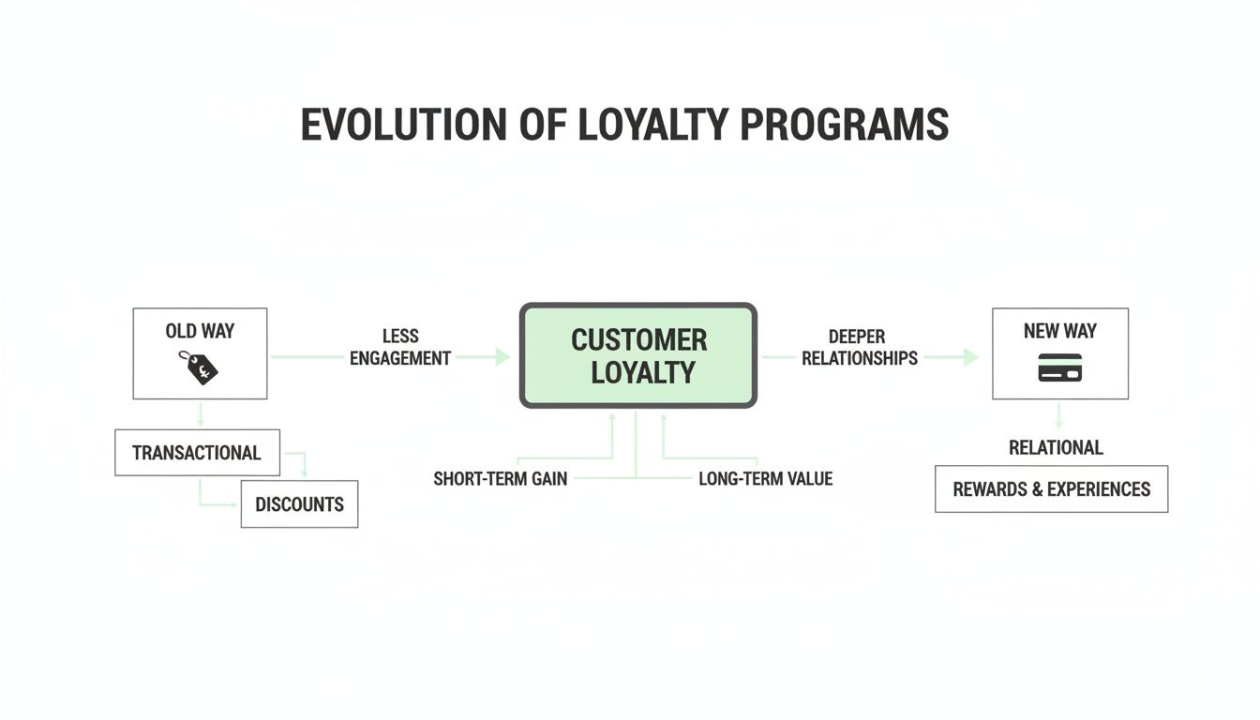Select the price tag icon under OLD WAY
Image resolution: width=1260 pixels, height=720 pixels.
click(x=199, y=367)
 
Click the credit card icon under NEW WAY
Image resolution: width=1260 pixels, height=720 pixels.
click(x=1059, y=367)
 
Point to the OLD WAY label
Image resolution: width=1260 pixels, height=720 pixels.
click(x=200, y=331)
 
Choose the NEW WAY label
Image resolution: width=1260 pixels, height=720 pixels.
click(x=1059, y=331)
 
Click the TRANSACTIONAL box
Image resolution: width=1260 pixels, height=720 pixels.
click(x=197, y=453)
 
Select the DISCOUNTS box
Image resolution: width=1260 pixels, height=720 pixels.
click(x=299, y=504)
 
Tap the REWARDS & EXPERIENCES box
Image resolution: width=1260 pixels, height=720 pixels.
click(x=1051, y=488)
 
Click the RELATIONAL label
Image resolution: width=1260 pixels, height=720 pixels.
click(x=1056, y=447)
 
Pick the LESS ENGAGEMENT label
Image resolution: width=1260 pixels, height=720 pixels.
click(x=400, y=347)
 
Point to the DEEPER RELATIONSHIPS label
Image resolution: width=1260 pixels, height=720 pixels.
click(x=859, y=347)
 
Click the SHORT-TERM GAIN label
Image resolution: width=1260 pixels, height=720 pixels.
click(x=500, y=479)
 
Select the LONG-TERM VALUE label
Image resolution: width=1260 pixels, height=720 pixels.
click(x=765, y=479)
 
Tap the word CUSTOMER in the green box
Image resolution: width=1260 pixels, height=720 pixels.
click(x=638, y=339)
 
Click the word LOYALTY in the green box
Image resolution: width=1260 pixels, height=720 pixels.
click(x=642, y=372)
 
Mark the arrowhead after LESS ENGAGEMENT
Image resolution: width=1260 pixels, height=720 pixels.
click(x=502, y=357)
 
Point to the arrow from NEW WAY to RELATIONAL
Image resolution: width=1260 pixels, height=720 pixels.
click(x=1058, y=415)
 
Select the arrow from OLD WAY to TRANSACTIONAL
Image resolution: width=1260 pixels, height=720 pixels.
click(x=200, y=414)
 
